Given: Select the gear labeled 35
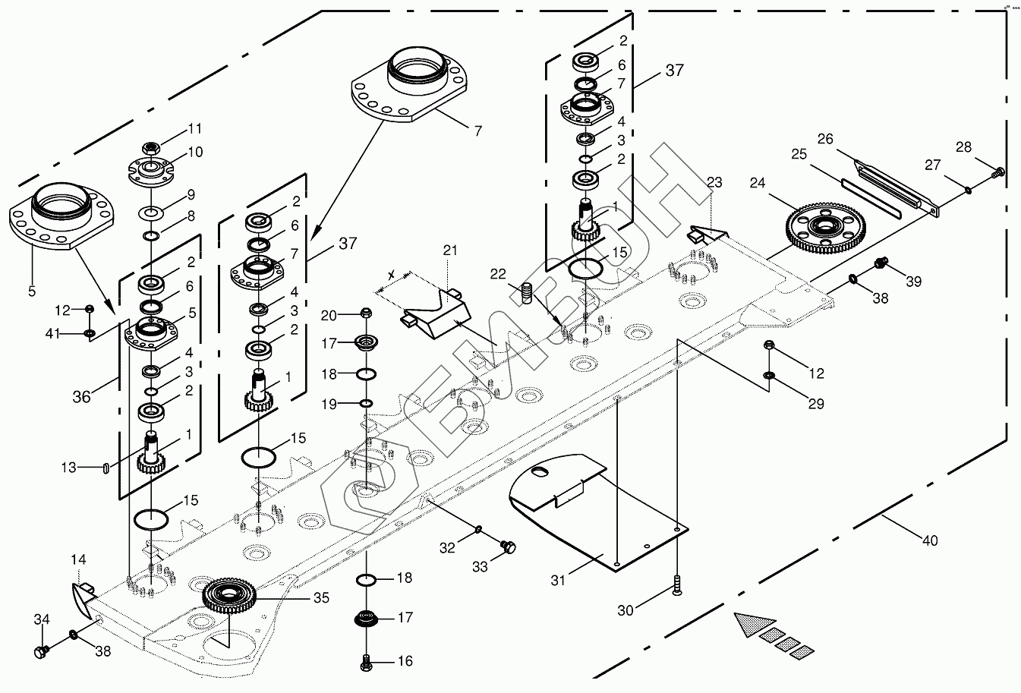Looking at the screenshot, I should pos(231,595).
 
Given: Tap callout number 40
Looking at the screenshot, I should pos(929,540).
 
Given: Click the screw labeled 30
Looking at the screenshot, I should pos(676,586).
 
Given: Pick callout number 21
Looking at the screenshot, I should pos(450,250).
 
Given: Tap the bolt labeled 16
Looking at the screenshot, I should pos(367,663).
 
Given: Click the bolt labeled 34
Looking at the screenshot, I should pos(42,650).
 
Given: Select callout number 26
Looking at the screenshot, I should pos(825,140).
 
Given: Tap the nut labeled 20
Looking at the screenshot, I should pos(366,313).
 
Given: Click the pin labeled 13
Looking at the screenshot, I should pos(105,468).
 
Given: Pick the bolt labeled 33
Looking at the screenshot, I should pos(509,545).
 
